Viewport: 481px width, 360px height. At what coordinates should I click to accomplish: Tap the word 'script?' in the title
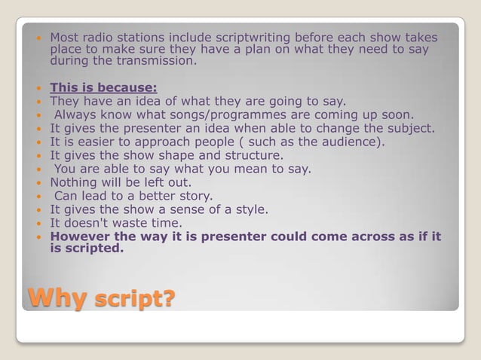[133, 300]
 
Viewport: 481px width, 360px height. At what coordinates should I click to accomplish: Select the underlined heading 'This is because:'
[103, 87]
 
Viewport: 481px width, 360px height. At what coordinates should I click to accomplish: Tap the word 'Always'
[79, 114]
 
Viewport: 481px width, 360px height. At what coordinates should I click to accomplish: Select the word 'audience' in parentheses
[351, 142]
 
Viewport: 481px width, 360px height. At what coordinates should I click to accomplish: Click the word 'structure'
[251, 155]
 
